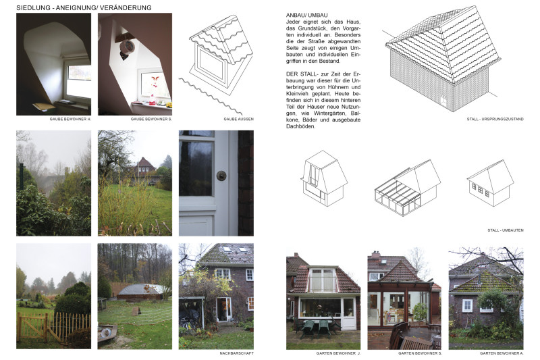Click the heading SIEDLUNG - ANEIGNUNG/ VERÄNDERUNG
(x=84, y=7)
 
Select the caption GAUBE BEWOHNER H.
(x=70, y=119)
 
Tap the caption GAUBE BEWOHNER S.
(x=151, y=119)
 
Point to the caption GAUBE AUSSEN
(x=239, y=119)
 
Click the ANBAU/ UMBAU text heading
(x=307, y=15)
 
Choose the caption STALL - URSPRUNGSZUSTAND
(x=495, y=119)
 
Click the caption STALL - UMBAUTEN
(x=505, y=230)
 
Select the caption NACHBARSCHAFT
(x=237, y=353)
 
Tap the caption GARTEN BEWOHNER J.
(x=338, y=353)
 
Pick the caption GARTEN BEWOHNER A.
(x=502, y=353)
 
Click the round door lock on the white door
(x=221, y=176)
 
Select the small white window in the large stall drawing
(x=443, y=101)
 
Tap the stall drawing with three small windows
(x=490, y=183)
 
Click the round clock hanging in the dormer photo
(x=128, y=47)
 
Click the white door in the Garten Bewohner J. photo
(x=348, y=314)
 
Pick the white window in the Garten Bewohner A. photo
(x=467, y=305)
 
